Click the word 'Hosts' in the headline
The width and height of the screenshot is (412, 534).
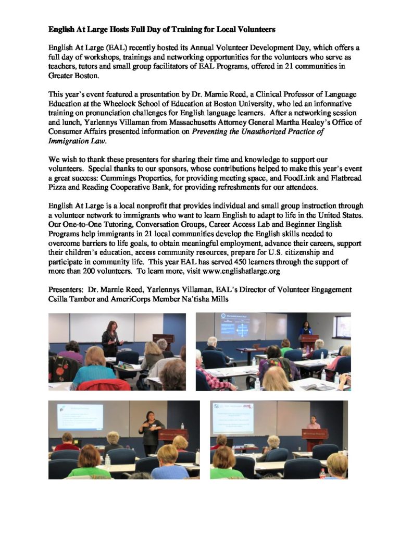pyautogui.click(x=110, y=29)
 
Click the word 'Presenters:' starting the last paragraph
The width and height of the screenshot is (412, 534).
pyautogui.click(x=66, y=289)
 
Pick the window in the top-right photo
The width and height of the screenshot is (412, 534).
pyautogui.click(x=343, y=326)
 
